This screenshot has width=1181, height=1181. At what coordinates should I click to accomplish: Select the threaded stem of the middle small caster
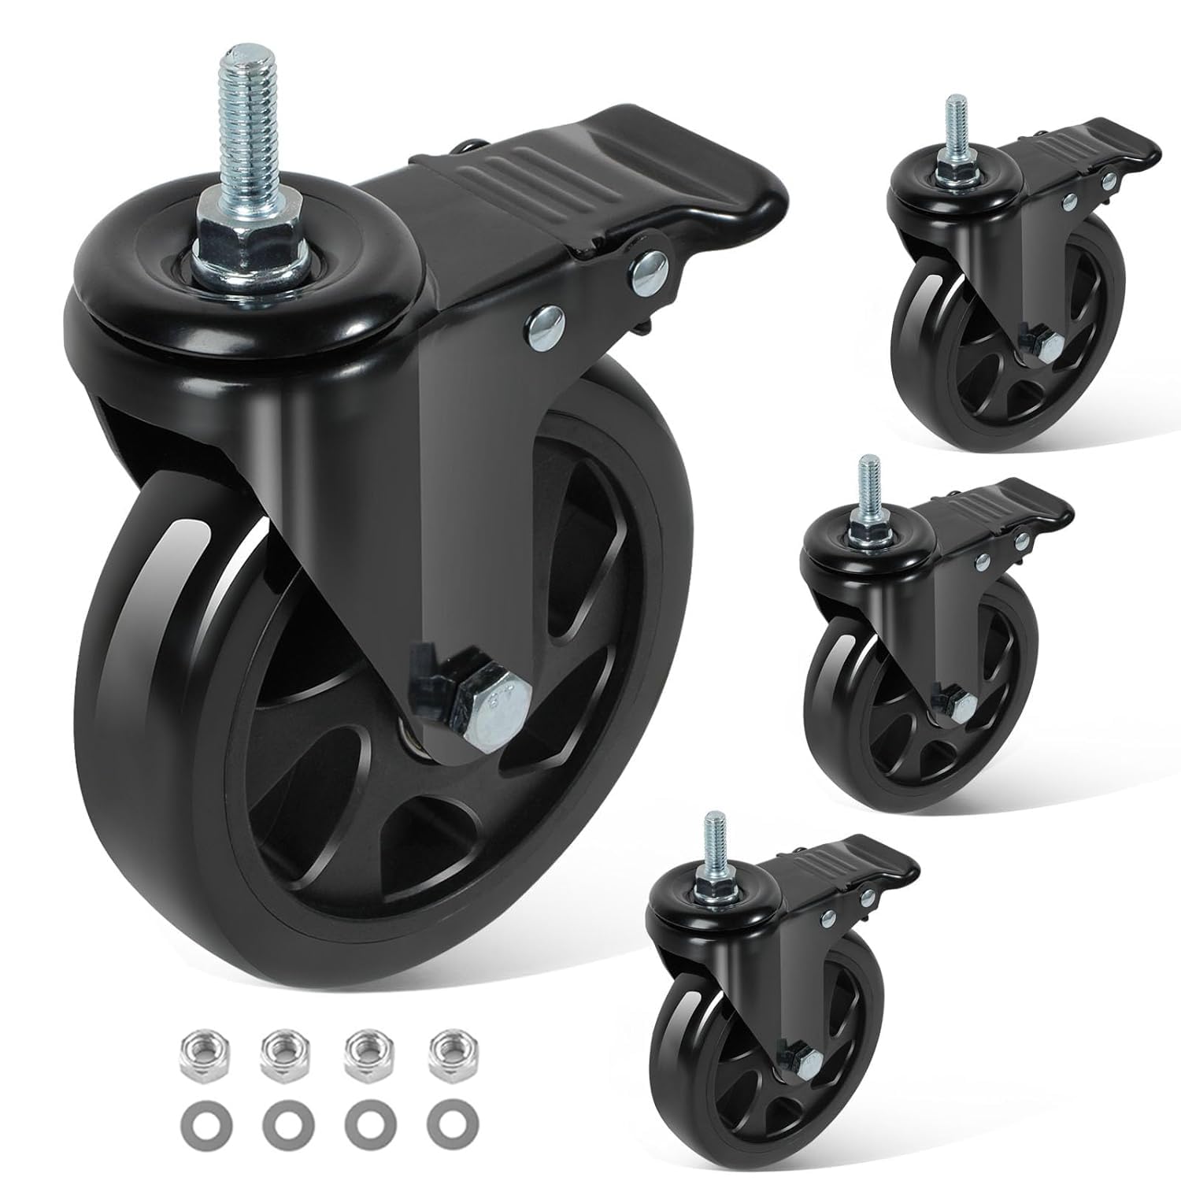[869, 481]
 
